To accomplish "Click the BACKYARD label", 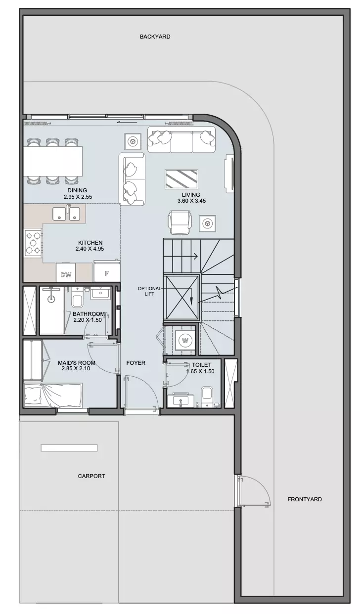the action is [155, 37].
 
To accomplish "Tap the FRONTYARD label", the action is [305, 499].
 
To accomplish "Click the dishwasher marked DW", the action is [66, 273].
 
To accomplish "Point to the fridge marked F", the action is [107, 271].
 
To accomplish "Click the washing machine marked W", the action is [185, 341].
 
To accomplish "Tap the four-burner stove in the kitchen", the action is [33, 243].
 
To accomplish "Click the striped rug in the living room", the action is [181, 179].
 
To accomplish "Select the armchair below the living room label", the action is [180, 222].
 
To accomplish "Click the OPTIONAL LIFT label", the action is [149, 291].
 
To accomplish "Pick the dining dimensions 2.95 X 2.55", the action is [78, 197].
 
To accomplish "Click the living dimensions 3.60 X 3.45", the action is [191, 201].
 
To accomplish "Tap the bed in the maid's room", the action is [53, 395].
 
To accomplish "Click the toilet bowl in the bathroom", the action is [77, 299].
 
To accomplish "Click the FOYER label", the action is [135, 363].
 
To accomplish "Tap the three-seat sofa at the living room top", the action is [181, 139].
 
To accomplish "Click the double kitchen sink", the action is [66, 213].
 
